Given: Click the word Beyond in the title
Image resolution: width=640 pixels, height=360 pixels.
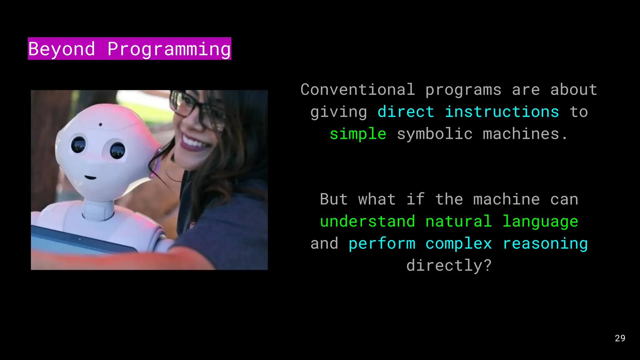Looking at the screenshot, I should tap(62, 49).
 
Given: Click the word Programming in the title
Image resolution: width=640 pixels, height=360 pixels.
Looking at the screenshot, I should tap(169, 49).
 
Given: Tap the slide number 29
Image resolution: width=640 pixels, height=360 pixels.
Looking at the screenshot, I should tap(620, 338).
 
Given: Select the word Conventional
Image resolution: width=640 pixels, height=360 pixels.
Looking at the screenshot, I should tap(358, 90).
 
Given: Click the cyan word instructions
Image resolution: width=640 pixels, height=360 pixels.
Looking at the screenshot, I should tap(502, 112).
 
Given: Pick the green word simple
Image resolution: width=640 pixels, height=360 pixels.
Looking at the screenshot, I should tap(358, 134).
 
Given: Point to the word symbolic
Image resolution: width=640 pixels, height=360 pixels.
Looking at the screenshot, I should tap(435, 134).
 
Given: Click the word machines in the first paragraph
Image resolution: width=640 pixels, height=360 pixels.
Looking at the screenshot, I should tap(521, 134).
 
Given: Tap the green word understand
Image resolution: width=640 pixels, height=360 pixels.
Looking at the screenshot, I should tap(367, 222).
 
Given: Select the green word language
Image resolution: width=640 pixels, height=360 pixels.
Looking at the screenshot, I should tap(540, 222).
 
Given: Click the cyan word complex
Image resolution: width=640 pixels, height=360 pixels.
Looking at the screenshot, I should tap(458, 244).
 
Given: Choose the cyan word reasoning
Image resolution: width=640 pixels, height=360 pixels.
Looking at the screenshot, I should tap(545, 244).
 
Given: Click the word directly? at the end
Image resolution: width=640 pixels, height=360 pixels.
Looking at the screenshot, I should tap(449, 266).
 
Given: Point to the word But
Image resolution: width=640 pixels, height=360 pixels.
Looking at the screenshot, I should tap(333, 199).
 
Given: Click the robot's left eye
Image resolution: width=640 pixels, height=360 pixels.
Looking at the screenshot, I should tap(78, 144).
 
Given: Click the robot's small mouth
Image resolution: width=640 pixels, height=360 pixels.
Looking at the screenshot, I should tap(90, 177).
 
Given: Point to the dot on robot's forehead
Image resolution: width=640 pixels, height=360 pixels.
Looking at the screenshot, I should tap(100, 125).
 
